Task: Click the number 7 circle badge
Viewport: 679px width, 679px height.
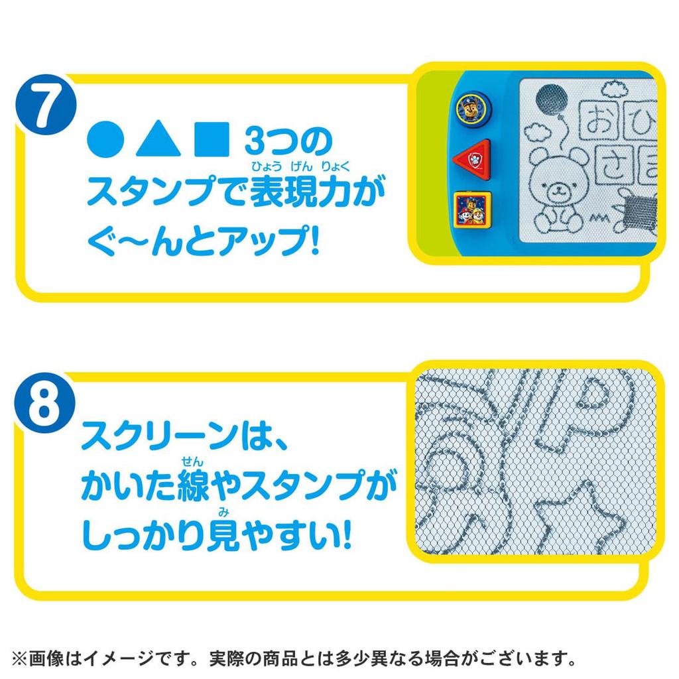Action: (x=46, y=105)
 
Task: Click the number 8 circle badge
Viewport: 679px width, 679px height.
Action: (x=45, y=403)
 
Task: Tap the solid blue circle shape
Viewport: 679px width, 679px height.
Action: (x=105, y=139)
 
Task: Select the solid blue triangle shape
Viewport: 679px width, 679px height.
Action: (x=158, y=139)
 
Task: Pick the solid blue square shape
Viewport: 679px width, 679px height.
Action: (x=212, y=139)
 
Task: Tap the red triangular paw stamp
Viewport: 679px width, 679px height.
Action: (x=473, y=160)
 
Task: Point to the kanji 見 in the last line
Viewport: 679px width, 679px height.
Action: (x=223, y=535)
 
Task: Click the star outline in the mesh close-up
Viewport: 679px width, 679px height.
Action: (x=576, y=520)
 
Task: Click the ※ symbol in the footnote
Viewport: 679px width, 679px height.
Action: (x=19, y=659)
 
